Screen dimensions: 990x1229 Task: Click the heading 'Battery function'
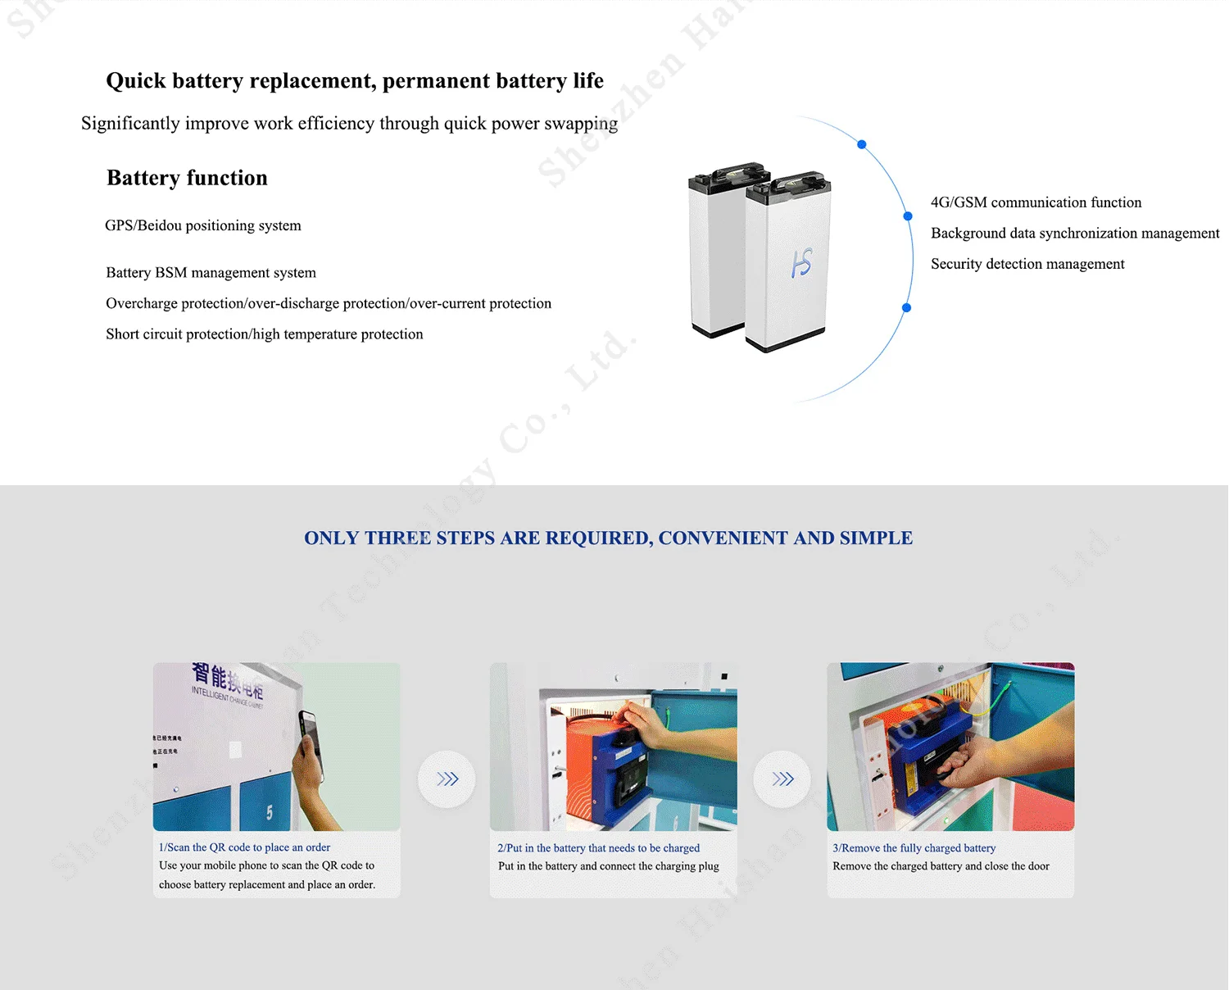[x=187, y=178]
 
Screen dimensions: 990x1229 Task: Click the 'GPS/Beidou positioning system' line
[x=203, y=225]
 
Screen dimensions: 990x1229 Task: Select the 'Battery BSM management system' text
[x=211, y=273]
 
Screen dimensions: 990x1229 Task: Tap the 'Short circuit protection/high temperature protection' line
[x=264, y=334]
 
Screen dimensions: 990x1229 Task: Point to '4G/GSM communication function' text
[x=1036, y=202]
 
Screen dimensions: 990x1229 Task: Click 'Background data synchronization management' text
[x=1075, y=234]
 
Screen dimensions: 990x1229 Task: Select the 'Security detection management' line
[x=1027, y=264]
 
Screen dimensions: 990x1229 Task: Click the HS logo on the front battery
[x=801, y=263]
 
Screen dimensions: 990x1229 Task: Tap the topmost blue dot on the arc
[x=862, y=144]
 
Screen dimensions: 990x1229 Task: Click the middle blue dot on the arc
[x=908, y=216]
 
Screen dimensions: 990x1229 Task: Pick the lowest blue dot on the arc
[x=906, y=308]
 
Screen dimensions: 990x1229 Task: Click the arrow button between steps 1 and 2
[x=447, y=779]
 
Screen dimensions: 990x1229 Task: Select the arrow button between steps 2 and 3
[x=782, y=779]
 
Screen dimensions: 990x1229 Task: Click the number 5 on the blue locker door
[x=270, y=812]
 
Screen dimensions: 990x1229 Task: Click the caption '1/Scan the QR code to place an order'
[x=244, y=847]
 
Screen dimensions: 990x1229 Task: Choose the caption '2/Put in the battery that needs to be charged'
[x=598, y=848]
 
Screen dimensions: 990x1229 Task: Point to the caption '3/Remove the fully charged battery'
[x=914, y=848]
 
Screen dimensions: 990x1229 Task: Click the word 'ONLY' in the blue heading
[x=331, y=538]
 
